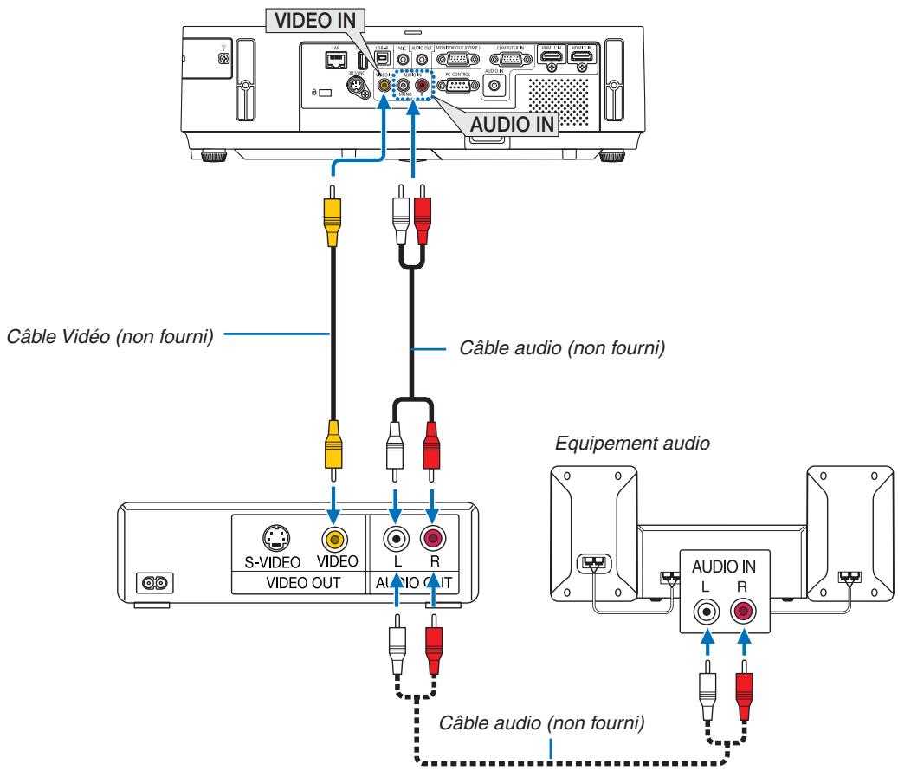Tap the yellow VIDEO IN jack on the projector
click(x=382, y=87)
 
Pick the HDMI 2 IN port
click(x=580, y=57)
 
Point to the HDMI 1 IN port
click(x=551, y=57)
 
